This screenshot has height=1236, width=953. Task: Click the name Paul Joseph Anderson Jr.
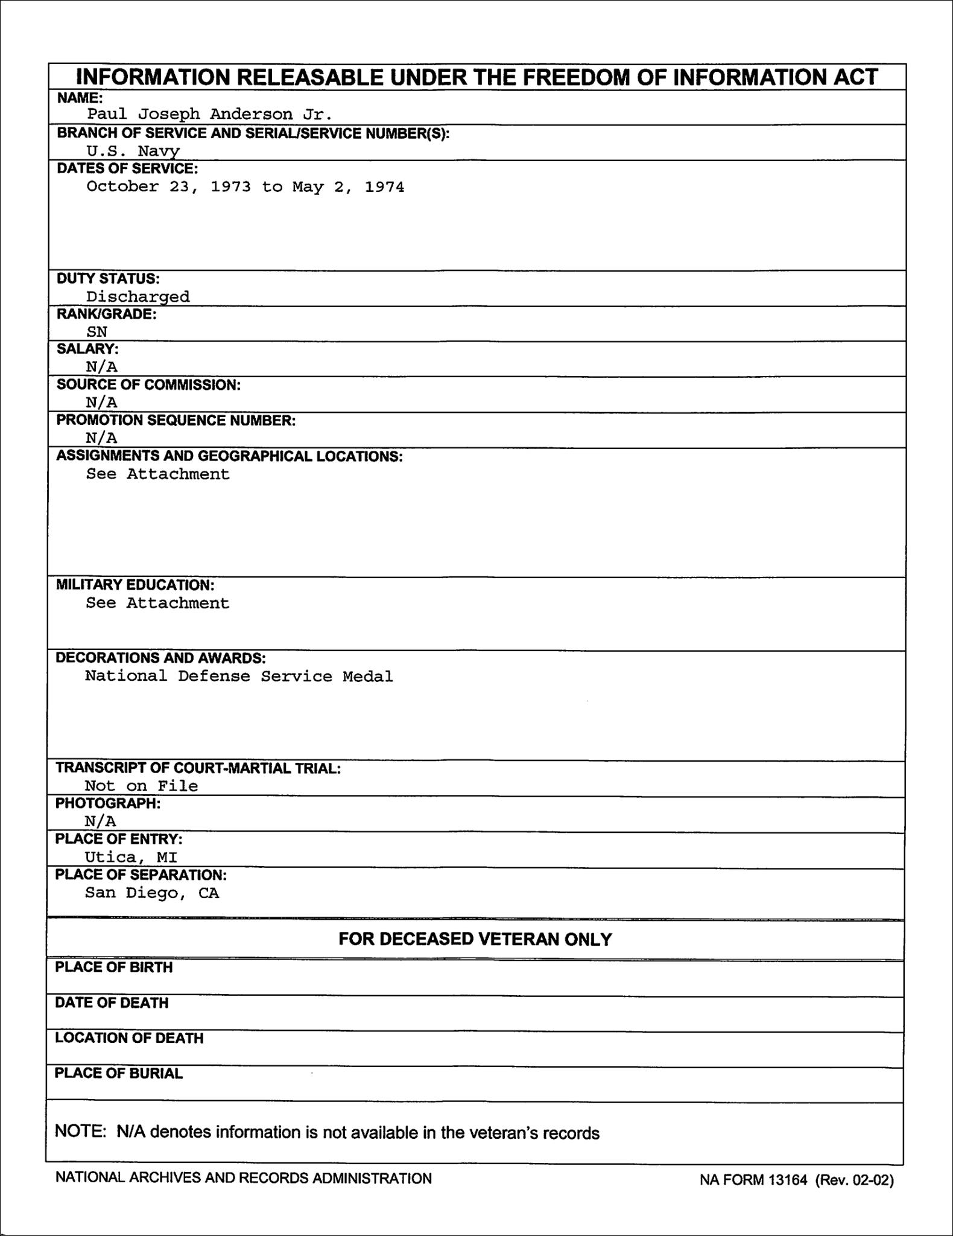[209, 114]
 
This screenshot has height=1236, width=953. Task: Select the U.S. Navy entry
[133, 151]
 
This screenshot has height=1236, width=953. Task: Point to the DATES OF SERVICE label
[127, 168]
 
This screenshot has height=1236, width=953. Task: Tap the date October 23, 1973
[168, 186]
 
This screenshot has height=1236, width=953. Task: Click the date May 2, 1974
[348, 186]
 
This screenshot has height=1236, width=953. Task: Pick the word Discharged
[138, 296]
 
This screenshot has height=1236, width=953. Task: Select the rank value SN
[97, 331]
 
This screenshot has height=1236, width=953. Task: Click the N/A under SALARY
[101, 366]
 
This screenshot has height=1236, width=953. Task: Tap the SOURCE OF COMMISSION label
[148, 385]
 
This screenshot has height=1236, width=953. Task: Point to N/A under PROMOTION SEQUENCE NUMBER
[101, 438]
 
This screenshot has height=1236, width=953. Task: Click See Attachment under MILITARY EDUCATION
[157, 603]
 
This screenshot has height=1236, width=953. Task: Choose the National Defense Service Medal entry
[239, 676]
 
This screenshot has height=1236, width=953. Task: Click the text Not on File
[141, 785]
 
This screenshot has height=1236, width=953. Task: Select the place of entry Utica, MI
[131, 856]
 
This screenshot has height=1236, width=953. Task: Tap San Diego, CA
[152, 893]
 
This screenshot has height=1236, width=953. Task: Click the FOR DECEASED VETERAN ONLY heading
[475, 938]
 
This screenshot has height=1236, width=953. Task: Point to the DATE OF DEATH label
[112, 1002]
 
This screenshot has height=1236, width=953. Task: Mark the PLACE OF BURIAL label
[119, 1073]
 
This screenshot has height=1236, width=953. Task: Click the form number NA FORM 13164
[753, 1180]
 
